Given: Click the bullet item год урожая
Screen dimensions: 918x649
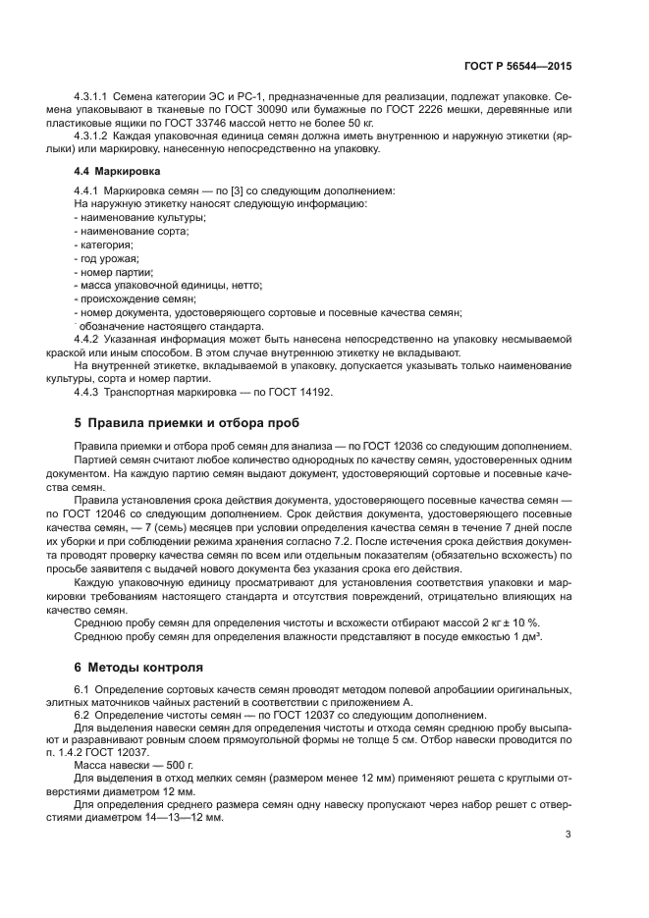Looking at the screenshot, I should (x=108, y=258).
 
